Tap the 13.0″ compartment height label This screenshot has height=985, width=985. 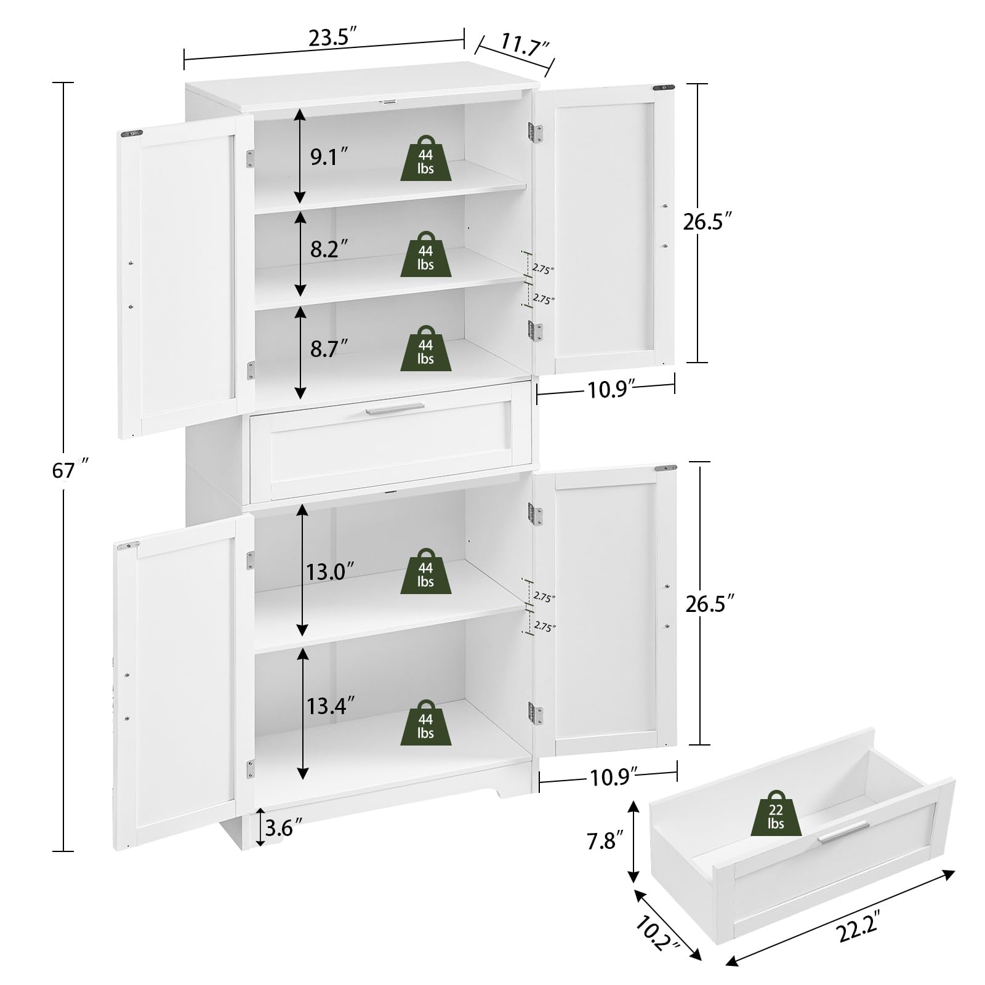pyautogui.click(x=331, y=572)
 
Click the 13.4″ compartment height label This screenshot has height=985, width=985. pyautogui.click(x=331, y=706)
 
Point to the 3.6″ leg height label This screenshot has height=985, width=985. pyautogui.click(x=284, y=828)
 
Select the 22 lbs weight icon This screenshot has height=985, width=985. pyautogui.click(x=776, y=814)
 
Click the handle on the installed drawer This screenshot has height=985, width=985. pyautogui.click(x=395, y=409)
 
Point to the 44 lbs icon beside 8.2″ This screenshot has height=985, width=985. pyautogui.click(x=425, y=255)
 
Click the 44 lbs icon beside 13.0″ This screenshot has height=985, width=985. pyautogui.click(x=425, y=572)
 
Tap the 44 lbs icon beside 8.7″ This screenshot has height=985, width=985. pyautogui.click(x=425, y=349)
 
